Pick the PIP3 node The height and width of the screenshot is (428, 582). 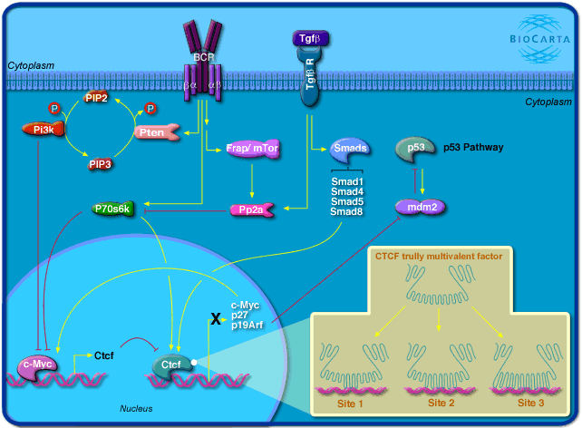[100, 164]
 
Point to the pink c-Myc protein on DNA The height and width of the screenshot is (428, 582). [40, 365]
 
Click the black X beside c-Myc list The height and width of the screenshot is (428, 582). [216, 319]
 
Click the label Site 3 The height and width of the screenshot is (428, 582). [532, 401]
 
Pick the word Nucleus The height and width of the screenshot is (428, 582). [136, 409]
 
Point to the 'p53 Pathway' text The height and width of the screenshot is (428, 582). [474, 147]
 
